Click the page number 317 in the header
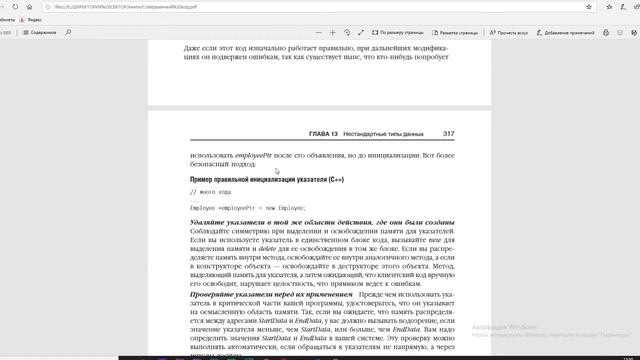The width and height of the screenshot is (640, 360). (x=449, y=133)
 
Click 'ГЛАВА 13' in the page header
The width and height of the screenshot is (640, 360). (x=326, y=133)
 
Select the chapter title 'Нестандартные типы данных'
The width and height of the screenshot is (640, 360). (x=387, y=133)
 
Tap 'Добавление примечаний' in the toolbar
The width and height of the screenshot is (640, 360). (x=571, y=33)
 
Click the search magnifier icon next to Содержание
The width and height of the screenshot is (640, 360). (x=68, y=33)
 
